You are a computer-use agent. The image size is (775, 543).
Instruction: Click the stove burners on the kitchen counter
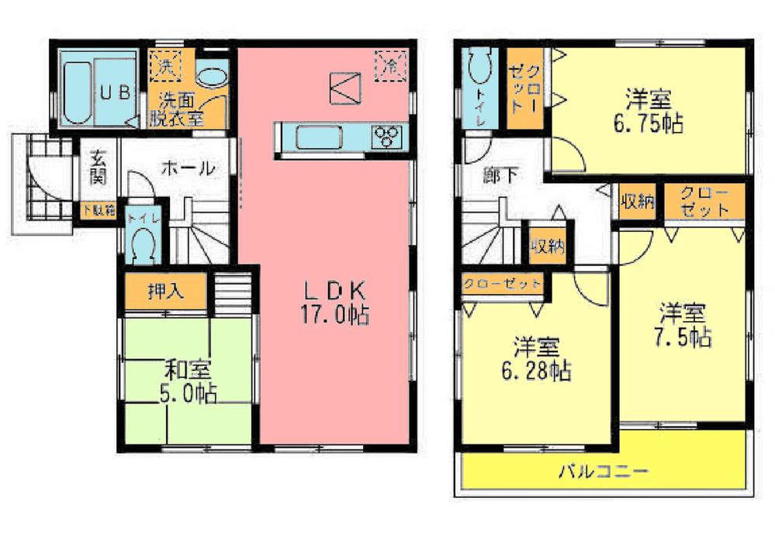pyautogui.click(x=386, y=137)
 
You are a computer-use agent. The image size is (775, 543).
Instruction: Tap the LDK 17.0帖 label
pyautogui.click(x=334, y=303)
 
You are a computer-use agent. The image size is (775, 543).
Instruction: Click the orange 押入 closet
pyautogui.click(x=166, y=292)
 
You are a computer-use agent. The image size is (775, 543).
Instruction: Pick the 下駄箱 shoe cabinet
pyautogui.click(x=99, y=209)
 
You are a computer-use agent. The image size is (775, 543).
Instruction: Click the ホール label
pyautogui.click(x=188, y=168)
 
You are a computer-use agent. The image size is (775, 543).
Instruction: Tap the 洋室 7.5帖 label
pyautogui.click(x=683, y=325)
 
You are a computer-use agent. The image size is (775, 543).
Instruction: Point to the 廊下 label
pyautogui.click(x=500, y=175)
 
